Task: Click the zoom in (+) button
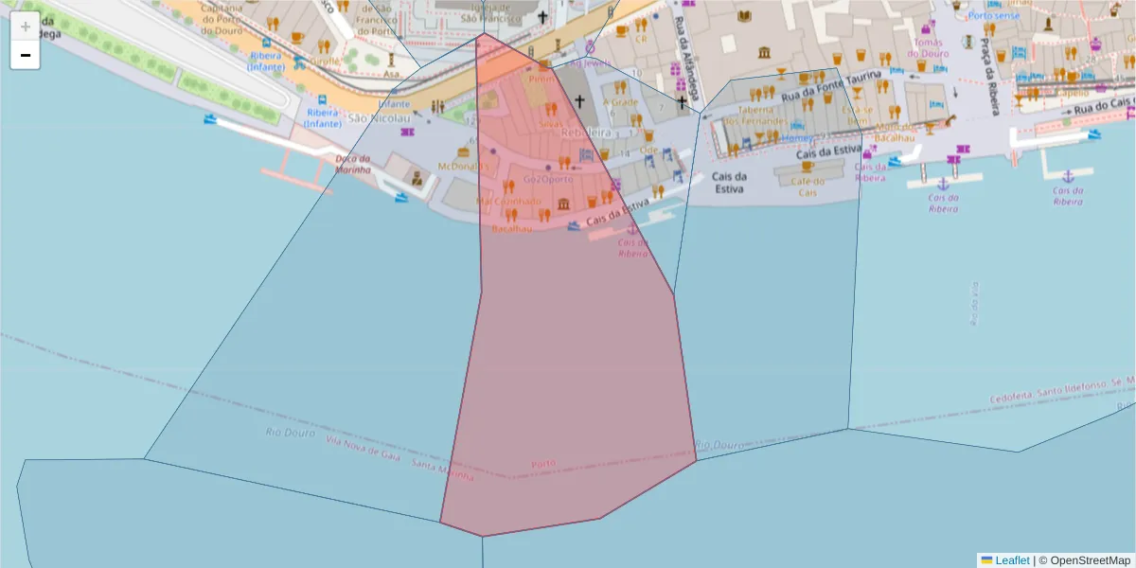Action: [25, 27]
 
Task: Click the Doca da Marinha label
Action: [353, 164]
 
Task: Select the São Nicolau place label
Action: [380, 118]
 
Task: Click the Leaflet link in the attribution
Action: [1012, 560]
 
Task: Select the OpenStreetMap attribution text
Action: [1089, 560]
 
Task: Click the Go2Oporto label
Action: [547, 179]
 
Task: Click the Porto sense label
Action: [994, 15]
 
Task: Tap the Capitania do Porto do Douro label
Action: [223, 19]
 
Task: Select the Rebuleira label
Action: [586, 133]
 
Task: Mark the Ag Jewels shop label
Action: [594, 63]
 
